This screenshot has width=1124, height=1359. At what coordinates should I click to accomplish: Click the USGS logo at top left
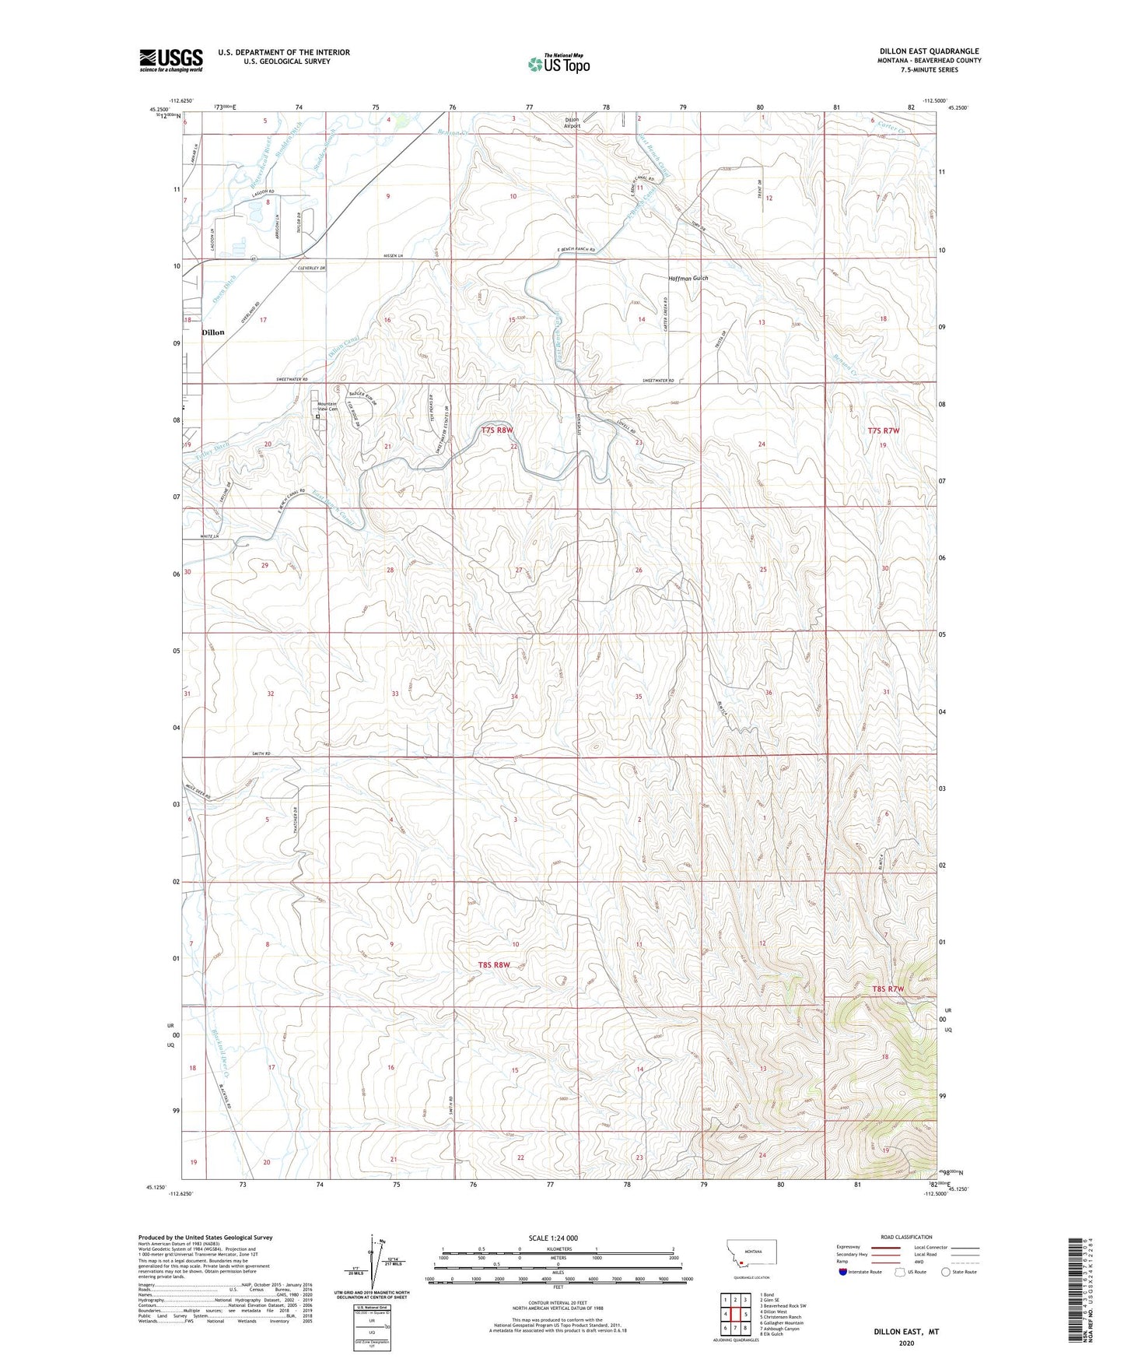pyautogui.click(x=170, y=60)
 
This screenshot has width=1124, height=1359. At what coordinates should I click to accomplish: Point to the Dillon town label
pyautogui.click(x=212, y=332)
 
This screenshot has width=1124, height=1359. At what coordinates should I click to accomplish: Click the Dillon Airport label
pyautogui.click(x=572, y=122)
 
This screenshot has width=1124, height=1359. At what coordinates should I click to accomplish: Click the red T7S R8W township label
pyautogui.click(x=497, y=430)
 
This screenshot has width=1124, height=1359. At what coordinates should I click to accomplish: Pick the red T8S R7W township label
pyautogui.click(x=888, y=989)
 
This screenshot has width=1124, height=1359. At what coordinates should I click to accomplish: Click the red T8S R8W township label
pyautogui.click(x=494, y=965)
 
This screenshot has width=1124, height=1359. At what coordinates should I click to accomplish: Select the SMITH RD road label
pyautogui.click(x=261, y=753)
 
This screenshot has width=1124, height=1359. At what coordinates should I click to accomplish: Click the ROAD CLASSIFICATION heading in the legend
pyautogui.click(x=905, y=1237)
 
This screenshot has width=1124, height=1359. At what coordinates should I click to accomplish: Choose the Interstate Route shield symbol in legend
pyautogui.click(x=843, y=1272)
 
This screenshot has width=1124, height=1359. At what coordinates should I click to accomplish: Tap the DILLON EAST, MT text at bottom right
pyautogui.click(x=905, y=1332)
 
